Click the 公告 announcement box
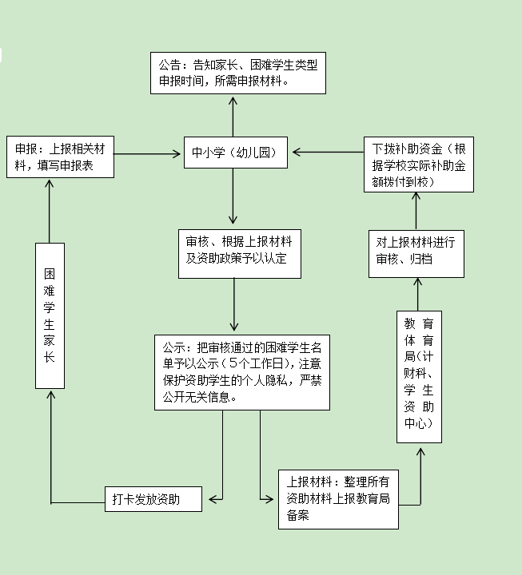[239, 73]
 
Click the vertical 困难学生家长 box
[50, 315]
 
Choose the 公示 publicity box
[242, 372]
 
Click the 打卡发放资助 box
[153, 500]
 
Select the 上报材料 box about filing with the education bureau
[338, 499]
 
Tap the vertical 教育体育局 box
[419, 376]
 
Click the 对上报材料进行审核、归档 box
[416, 251]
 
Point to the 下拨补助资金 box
[417, 165]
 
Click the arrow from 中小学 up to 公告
[233, 115]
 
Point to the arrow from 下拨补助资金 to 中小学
[328, 151]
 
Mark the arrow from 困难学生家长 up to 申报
[50, 211]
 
